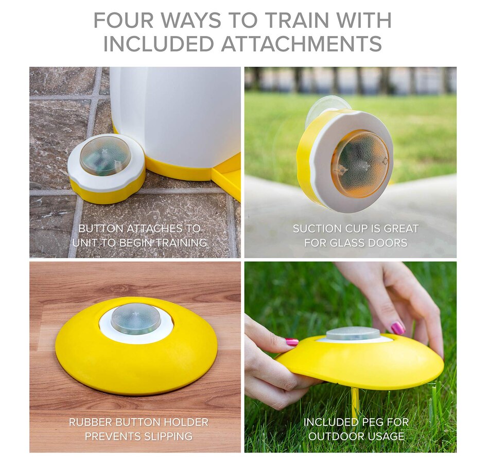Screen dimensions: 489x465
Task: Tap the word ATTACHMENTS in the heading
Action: [x=302, y=43]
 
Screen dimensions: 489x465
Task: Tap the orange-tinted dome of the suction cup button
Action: [x=360, y=164]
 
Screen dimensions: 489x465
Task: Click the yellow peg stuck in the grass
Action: [x=355, y=403]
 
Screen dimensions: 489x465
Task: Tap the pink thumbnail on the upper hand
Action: [x=397, y=328]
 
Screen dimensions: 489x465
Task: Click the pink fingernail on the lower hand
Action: [x=292, y=342]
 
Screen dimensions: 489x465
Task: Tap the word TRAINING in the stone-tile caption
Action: [x=181, y=243]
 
